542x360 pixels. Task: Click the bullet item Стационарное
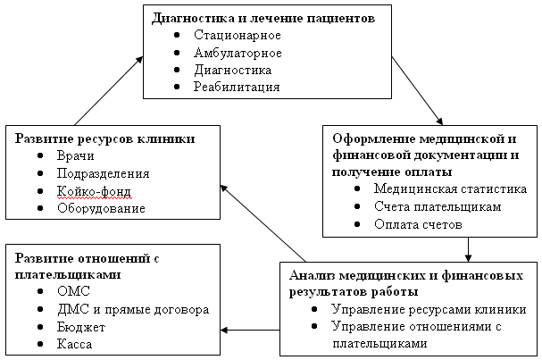coord(237,35)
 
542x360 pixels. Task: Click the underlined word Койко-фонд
coord(93,191)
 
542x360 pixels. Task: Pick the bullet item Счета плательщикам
coord(424,206)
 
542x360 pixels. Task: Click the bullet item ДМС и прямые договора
coord(132,309)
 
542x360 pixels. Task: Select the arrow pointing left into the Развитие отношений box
coord(251,331)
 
